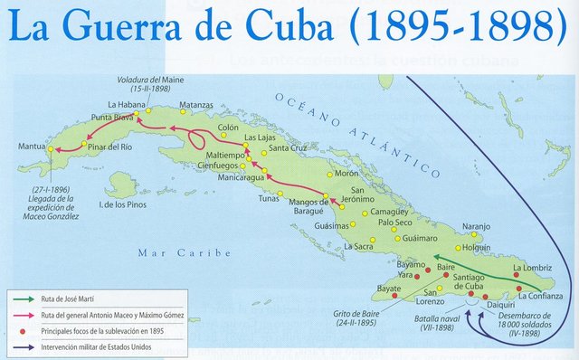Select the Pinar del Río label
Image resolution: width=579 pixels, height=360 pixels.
click(x=118, y=146)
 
